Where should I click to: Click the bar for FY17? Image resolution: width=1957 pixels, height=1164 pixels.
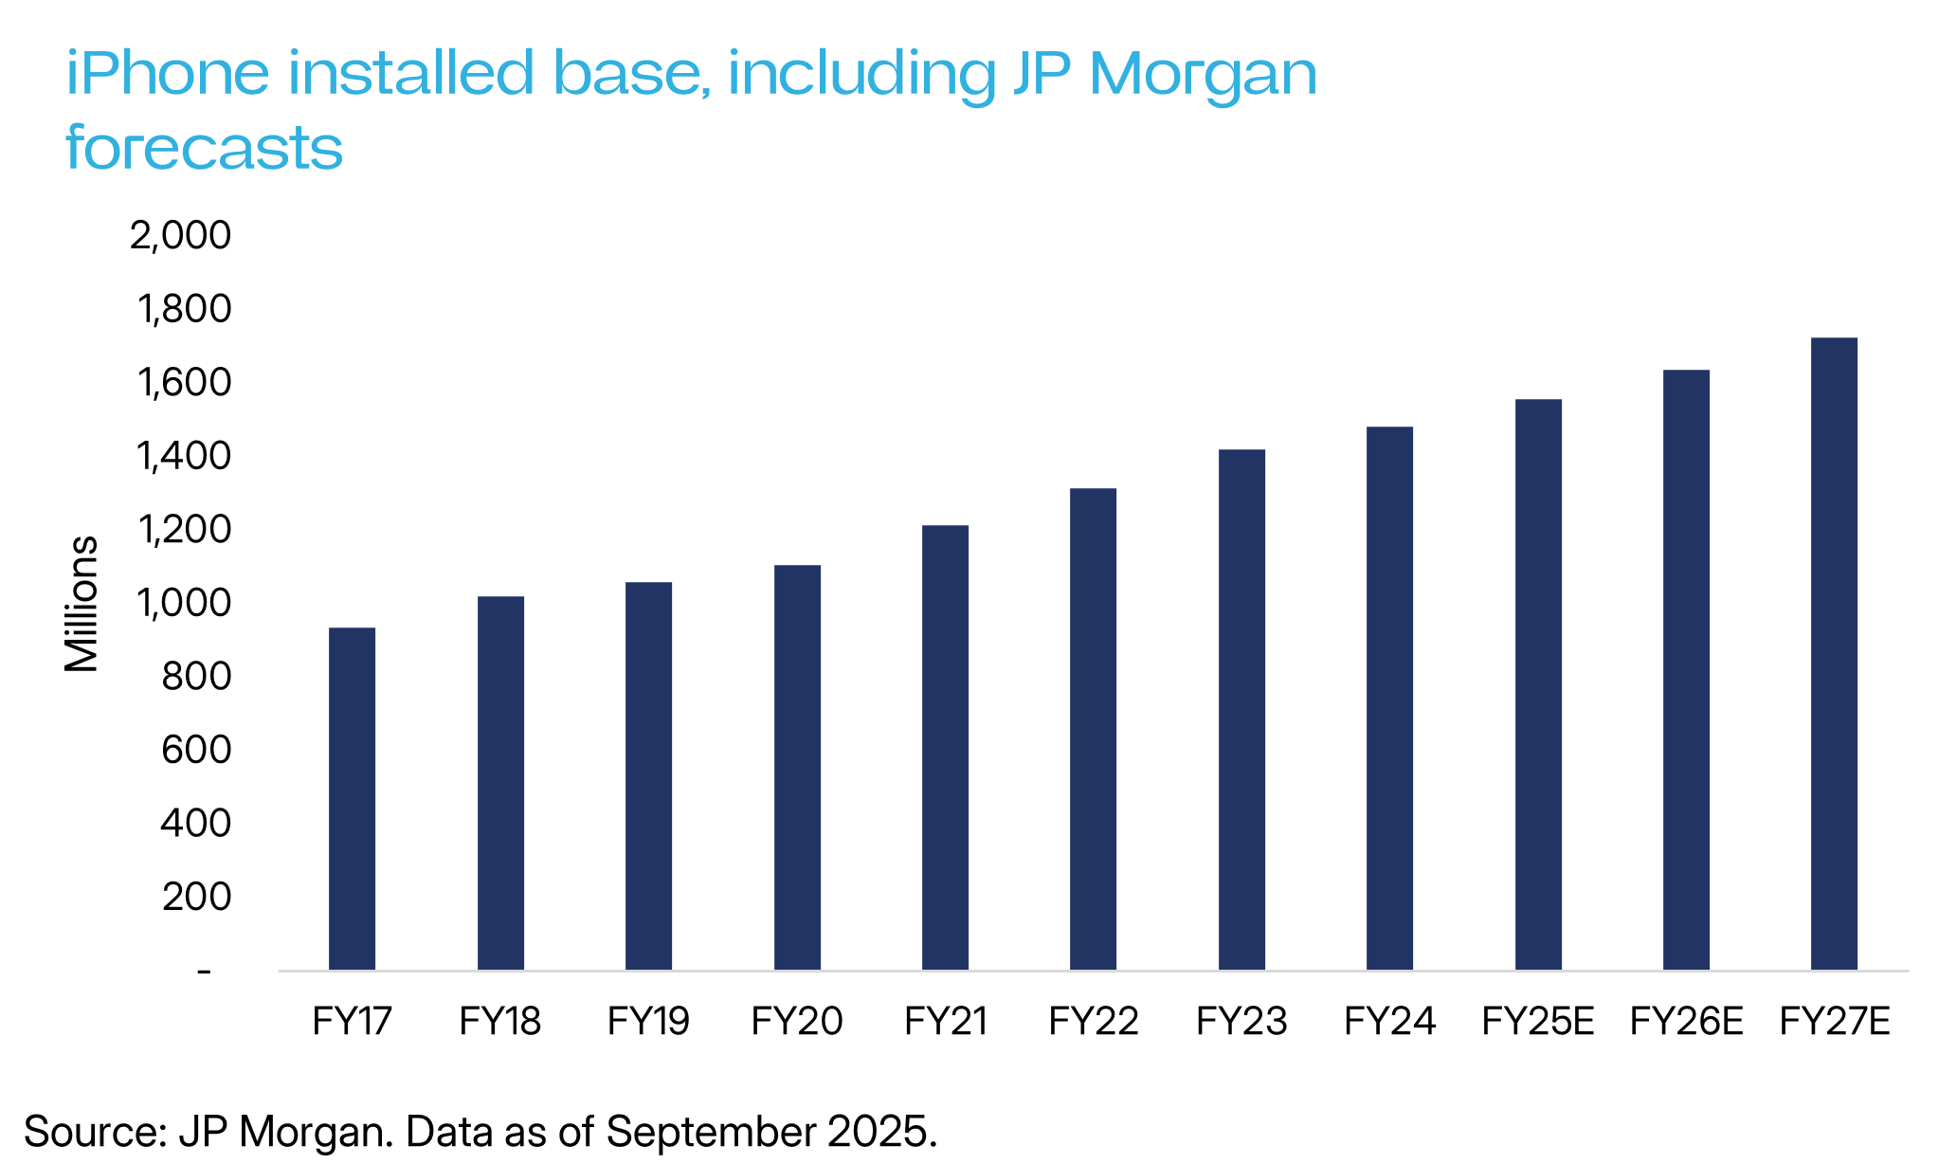pyautogui.click(x=352, y=798)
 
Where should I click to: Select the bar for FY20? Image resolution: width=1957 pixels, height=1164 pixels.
pyautogui.click(x=797, y=767)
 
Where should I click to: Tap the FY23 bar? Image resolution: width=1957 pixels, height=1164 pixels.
pyautogui.click(x=1241, y=709)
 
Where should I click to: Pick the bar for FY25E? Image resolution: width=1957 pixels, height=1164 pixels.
pyautogui.click(x=1538, y=684)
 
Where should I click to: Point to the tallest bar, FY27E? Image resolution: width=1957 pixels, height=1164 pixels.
pyautogui.click(x=1834, y=653)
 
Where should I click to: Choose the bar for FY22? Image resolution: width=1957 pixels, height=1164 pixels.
pyautogui.click(x=1093, y=729)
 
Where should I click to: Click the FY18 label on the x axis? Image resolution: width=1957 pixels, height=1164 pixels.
pyautogui.click(x=499, y=1022)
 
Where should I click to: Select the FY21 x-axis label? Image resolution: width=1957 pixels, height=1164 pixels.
pyautogui.click(x=946, y=1022)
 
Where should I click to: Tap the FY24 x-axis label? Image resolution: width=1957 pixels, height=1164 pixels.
pyautogui.click(x=1389, y=1022)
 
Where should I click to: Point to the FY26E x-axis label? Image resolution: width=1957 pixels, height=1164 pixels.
pyautogui.click(x=1686, y=1022)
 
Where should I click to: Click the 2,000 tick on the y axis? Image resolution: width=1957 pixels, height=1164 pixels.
pyautogui.click(x=180, y=235)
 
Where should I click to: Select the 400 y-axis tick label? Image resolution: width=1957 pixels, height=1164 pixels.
pyautogui.click(x=195, y=823)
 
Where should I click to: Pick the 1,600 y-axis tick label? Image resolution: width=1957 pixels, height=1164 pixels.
pyautogui.click(x=184, y=382)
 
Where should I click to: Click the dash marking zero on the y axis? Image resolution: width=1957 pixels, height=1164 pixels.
pyautogui.click(x=204, y=972)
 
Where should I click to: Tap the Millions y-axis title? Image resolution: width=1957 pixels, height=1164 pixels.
pyautogui.click(x=82, y=604)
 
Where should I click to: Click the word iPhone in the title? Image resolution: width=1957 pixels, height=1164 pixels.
pyautogui.click(x=168, y=74)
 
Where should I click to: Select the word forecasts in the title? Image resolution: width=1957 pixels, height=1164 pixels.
pyautogui.click(x=204, y=148)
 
